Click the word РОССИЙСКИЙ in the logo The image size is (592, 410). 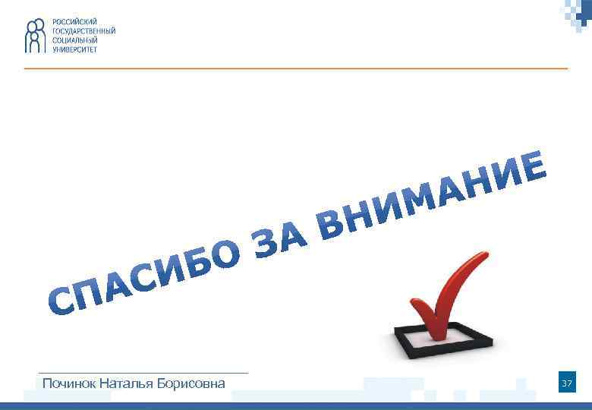(74, 21)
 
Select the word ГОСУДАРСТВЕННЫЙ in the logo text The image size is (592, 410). (83, 30)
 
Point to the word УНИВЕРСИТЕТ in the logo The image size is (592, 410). (75, 49)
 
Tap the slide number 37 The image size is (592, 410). (566, 384)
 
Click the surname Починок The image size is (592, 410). (70, 383)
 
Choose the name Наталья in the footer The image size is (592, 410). (128, 383)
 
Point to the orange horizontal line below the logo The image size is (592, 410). (296, 68)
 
